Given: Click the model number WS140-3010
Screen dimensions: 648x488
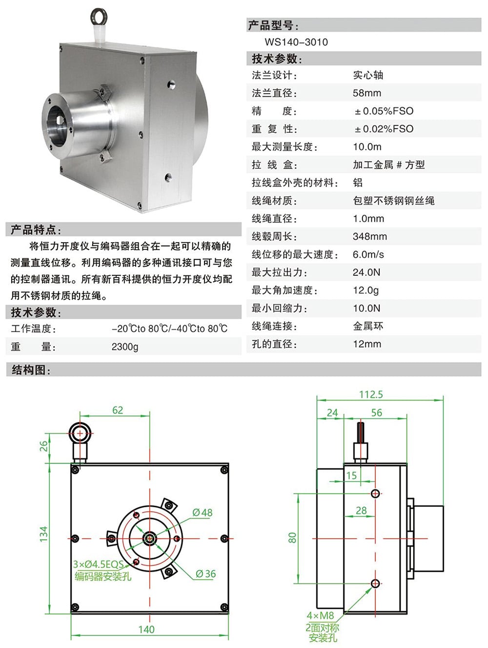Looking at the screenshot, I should pyautogui.click(x=296, y=42).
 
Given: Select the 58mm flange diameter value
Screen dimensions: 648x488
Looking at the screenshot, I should pyautogui.click(x=367, y=93).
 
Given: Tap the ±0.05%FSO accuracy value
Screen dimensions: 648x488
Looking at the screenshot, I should pyautogui.click(x=384, y=111).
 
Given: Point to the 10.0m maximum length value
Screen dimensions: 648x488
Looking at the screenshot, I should pyautogui.click(x=367, y=146).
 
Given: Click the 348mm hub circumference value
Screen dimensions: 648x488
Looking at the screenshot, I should pyautogui.click(x=369, y=236).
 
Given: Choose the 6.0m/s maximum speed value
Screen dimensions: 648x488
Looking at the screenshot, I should pyautogui.click(x=368, y=254).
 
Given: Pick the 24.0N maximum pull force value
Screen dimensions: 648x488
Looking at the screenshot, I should pyautogui.click(x=366, y=272).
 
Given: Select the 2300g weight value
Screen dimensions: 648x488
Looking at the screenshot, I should pyautogui.click(x=125, y=347).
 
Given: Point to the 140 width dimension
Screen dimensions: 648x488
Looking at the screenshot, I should pyautogui.click(x=146, y=629).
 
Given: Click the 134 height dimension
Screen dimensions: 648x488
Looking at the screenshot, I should pyautogui.click(x=44, y=534).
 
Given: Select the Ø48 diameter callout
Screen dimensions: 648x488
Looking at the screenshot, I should pyautogui.click(x=202, y=512).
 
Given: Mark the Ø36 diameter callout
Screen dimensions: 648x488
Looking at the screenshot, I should pyautogui.click(x=205, y=574).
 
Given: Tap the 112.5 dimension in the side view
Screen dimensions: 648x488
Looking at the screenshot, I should pyautogui.click(x=371, y=394).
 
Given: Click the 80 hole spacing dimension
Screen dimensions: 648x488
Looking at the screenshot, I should pyautogui.click(x=292, y=538).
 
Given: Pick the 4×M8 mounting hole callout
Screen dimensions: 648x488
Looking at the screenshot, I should pyautogui.click(x=320, y=615).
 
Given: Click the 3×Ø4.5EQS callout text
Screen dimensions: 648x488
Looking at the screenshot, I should pyautogui.click(x=98, y=564).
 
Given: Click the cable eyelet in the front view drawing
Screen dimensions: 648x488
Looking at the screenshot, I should pyautogui.click(x=79, y=433).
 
